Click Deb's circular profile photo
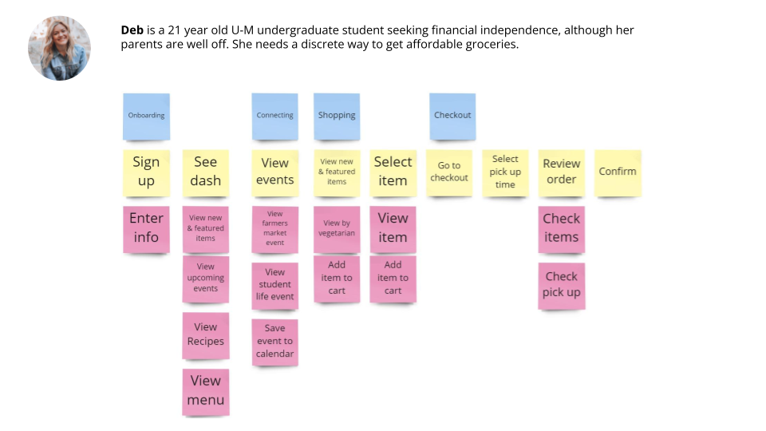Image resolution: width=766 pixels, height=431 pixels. click(60, 48)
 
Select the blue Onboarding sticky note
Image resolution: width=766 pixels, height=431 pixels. click(146, 117)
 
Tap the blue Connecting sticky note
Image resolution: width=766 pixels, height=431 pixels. click(274, 117)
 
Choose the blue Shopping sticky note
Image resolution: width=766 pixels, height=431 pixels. click(337, 117)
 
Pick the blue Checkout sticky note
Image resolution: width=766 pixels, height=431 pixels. click(452, 117)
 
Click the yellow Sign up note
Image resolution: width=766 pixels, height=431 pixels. click(146, 172)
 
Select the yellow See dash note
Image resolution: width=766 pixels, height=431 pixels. click(205, 172)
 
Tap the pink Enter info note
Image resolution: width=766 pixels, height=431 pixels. click(146, 228)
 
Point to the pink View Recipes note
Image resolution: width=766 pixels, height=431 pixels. click(205, 334)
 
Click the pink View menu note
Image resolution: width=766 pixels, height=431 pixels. click(206, 391)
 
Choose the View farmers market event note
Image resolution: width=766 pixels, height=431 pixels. click(275, 229)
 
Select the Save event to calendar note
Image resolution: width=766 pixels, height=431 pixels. click(275, 342)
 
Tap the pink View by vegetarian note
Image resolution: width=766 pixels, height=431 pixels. click(337, 229)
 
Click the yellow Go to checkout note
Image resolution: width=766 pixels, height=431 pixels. click(449, 172)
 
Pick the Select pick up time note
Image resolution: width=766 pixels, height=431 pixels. click(505, 172)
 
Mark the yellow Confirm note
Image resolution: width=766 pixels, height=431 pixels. click(618, 172)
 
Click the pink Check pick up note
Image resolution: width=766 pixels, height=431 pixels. click(562, 285)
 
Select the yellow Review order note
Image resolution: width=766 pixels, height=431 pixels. click(562, 172)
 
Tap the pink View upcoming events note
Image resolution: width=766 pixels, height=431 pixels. click(205, 279)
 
